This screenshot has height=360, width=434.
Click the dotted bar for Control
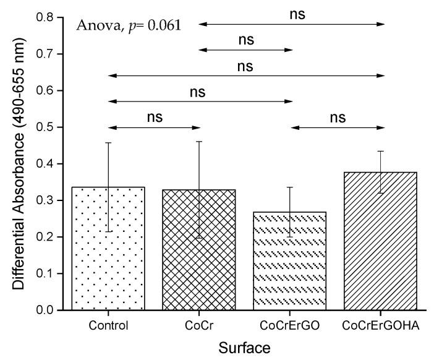click(x=108, y=260)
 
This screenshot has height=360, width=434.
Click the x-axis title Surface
click(x=245, y=348)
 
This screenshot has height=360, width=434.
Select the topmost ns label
click(x=297, y=13)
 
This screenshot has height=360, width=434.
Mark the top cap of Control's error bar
click(x=108, y=143)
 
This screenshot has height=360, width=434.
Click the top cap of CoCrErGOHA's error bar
click(x=382, y=151)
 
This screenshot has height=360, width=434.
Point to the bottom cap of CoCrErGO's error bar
click(x=291, y=237)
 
